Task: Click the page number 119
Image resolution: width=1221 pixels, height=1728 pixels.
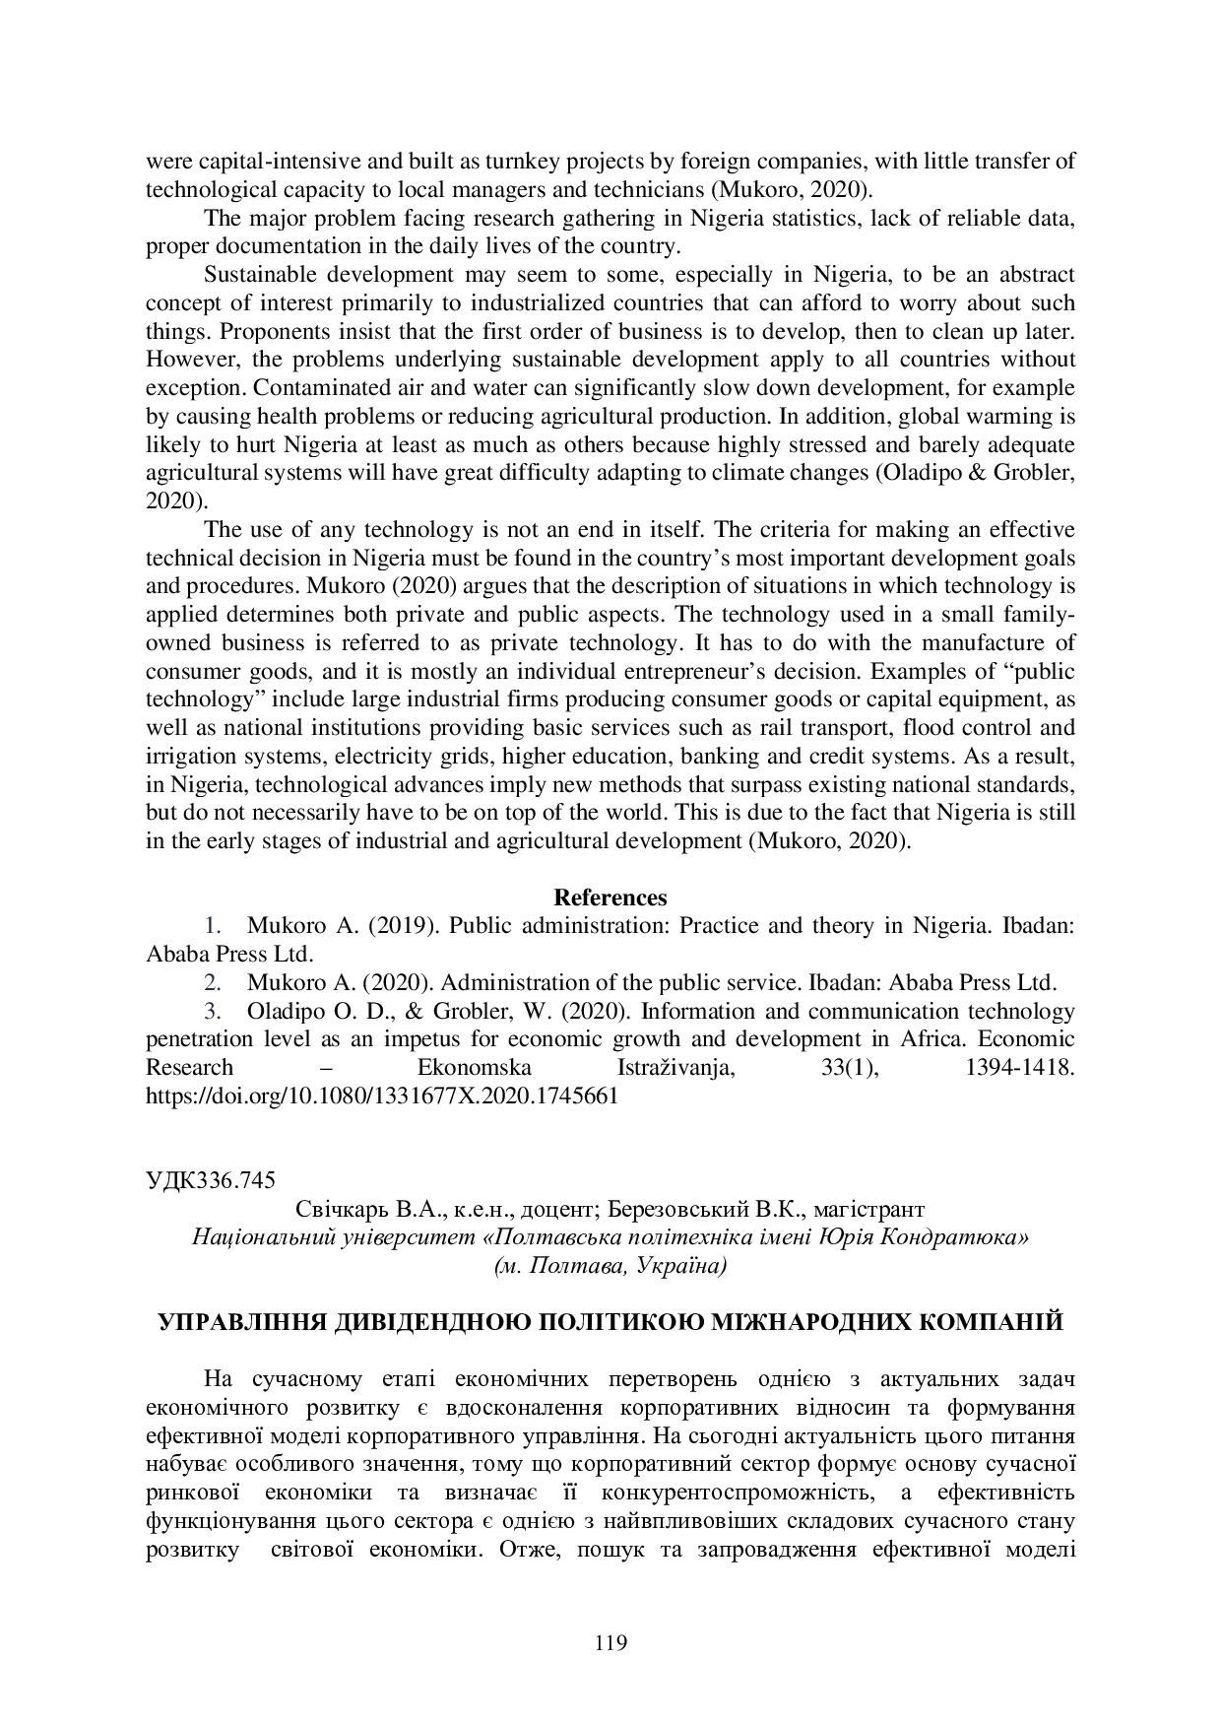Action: tap(610, 1642)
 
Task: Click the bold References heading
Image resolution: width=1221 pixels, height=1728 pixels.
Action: tap(610, 897)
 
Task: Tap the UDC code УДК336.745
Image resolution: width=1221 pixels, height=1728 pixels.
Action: tap(210, 1180)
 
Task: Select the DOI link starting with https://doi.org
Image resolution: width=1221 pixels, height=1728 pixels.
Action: tap(381, 1096)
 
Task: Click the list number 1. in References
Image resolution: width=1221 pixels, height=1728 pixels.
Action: tap(212, 926)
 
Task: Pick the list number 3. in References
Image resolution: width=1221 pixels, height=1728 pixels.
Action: tap(212, 1012)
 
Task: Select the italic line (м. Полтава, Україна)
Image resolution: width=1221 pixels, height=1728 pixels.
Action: tap(610, 1266)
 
